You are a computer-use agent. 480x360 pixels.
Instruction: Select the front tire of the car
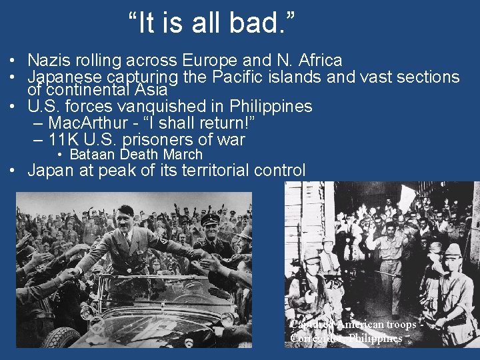click(x=63, y=337)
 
